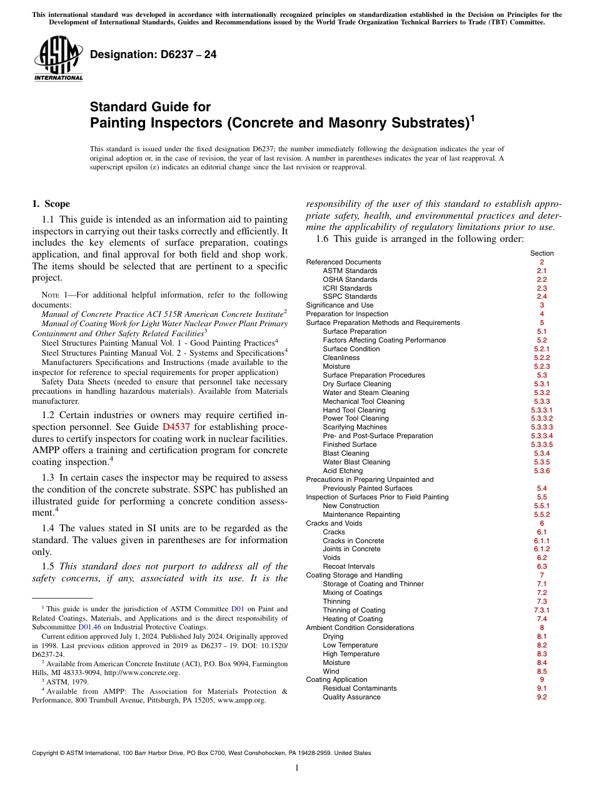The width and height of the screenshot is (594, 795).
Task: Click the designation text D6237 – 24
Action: click(153, 54)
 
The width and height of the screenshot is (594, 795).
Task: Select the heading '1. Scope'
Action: click(51, 204)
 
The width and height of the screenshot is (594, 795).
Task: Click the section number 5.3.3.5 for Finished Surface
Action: click(541, 444)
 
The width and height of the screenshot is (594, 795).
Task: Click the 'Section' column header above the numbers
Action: click(541, 253)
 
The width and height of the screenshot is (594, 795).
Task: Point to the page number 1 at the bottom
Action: click(297, 768)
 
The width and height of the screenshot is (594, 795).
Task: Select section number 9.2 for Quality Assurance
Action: click(541, 697)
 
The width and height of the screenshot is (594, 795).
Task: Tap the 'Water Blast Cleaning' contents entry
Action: click(356, 462)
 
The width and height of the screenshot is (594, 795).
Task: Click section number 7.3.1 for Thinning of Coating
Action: click(541, 610)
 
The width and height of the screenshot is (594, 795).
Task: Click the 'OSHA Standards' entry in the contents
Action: click(350, 279)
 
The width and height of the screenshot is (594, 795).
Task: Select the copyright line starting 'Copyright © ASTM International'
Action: click(201, 753)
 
